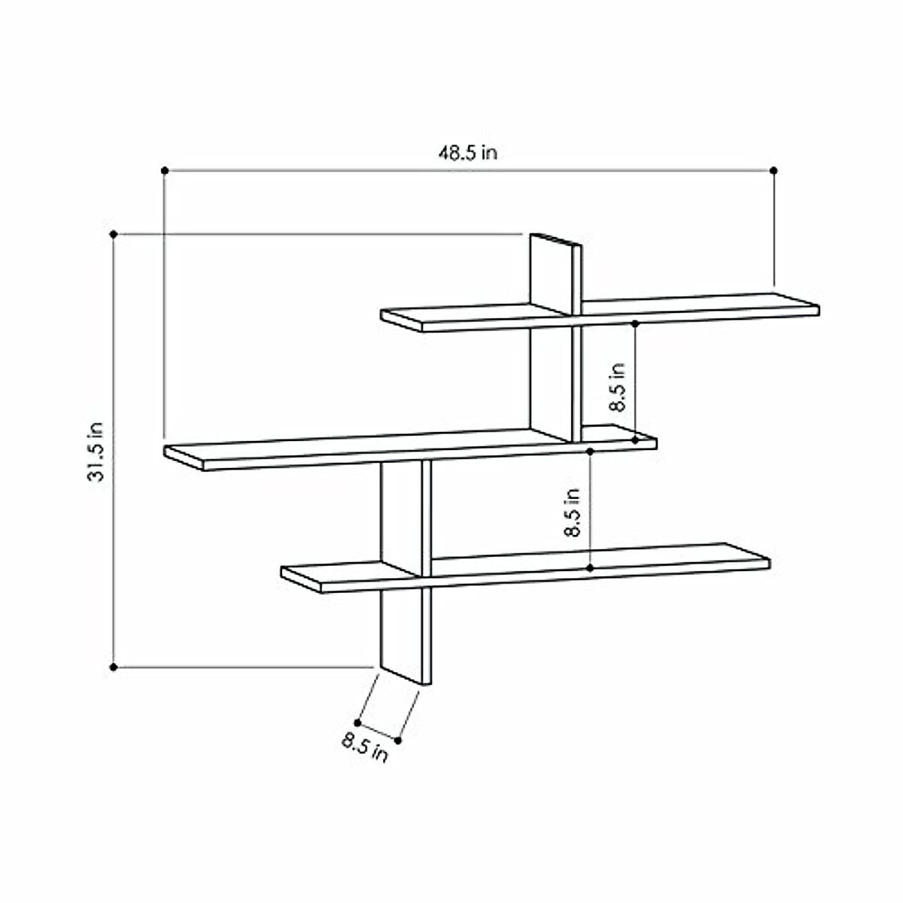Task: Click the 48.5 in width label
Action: pyautogui.click(x=468, y=153)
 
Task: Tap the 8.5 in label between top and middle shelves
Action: pyautogui.click(x=617, y=387)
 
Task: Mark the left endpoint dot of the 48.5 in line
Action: pyautogui.click(x=165, y=171)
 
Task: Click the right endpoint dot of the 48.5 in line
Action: pyautogui.click(x=774, y=171)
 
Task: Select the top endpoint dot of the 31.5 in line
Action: pyautogui.click(x=114, y=234)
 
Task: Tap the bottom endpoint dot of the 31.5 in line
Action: pyautogui.click(x=114, y=667)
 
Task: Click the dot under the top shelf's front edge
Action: pyautogui.click(x=636, y=324)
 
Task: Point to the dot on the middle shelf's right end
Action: pyautogui.click(x=636, y=439)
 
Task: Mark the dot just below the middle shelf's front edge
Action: pyautogui.click(x=590, y=451)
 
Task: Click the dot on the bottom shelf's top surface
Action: pyautogui.click(x=590, y=567)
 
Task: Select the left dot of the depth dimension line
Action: pyautogui.click(x=357, y=722)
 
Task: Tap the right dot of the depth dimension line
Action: pyautogui.click(x=398, y=740)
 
